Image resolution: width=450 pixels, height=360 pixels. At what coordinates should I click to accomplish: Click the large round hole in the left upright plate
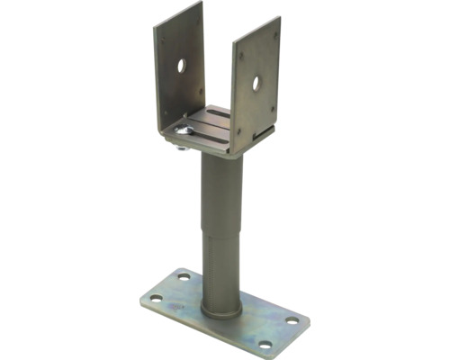[x=183, y=66]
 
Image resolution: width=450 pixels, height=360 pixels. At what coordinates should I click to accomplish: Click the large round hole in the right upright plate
[x=256, y=83]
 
